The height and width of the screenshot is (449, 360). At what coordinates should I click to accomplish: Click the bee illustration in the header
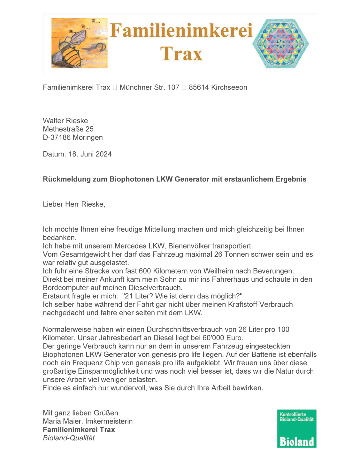(79, 43)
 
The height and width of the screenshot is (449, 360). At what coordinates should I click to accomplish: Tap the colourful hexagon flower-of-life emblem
(280, 43)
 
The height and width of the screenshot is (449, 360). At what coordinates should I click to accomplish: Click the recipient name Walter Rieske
(65, 121)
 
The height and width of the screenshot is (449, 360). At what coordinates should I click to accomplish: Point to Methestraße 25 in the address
(68, 129)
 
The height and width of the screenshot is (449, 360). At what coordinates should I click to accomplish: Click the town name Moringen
(88, 138)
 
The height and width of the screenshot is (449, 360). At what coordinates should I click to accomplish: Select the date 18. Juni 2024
(90, 154)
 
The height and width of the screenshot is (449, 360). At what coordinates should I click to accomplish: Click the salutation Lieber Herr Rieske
(74, 204)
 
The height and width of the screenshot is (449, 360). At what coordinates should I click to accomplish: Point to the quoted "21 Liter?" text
(137, 296)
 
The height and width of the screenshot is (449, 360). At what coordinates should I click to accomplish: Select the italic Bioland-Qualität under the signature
(69, 438)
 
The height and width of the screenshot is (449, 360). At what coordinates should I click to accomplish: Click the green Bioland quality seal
(296, 428)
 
